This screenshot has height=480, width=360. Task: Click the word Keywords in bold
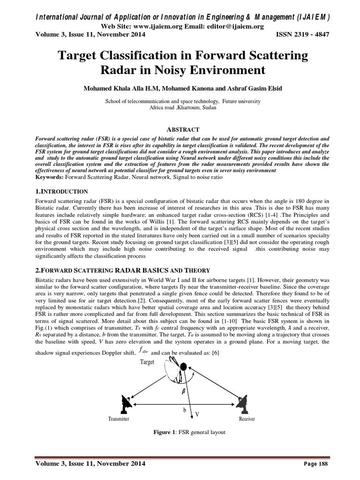(51, 178)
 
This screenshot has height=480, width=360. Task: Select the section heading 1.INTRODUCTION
(62, 191)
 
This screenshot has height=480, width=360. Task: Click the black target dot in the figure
(183, 366)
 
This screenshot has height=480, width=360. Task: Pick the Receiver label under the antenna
(247, 419)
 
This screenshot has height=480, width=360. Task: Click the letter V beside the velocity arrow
(197, 414)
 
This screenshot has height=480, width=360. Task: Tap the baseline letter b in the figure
(184, 409)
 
